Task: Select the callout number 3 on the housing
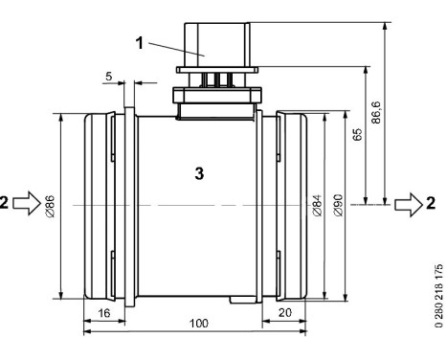(x=198, y=175)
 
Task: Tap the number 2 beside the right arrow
(x=431, y=203)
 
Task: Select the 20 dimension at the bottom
(x=284, y=313)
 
